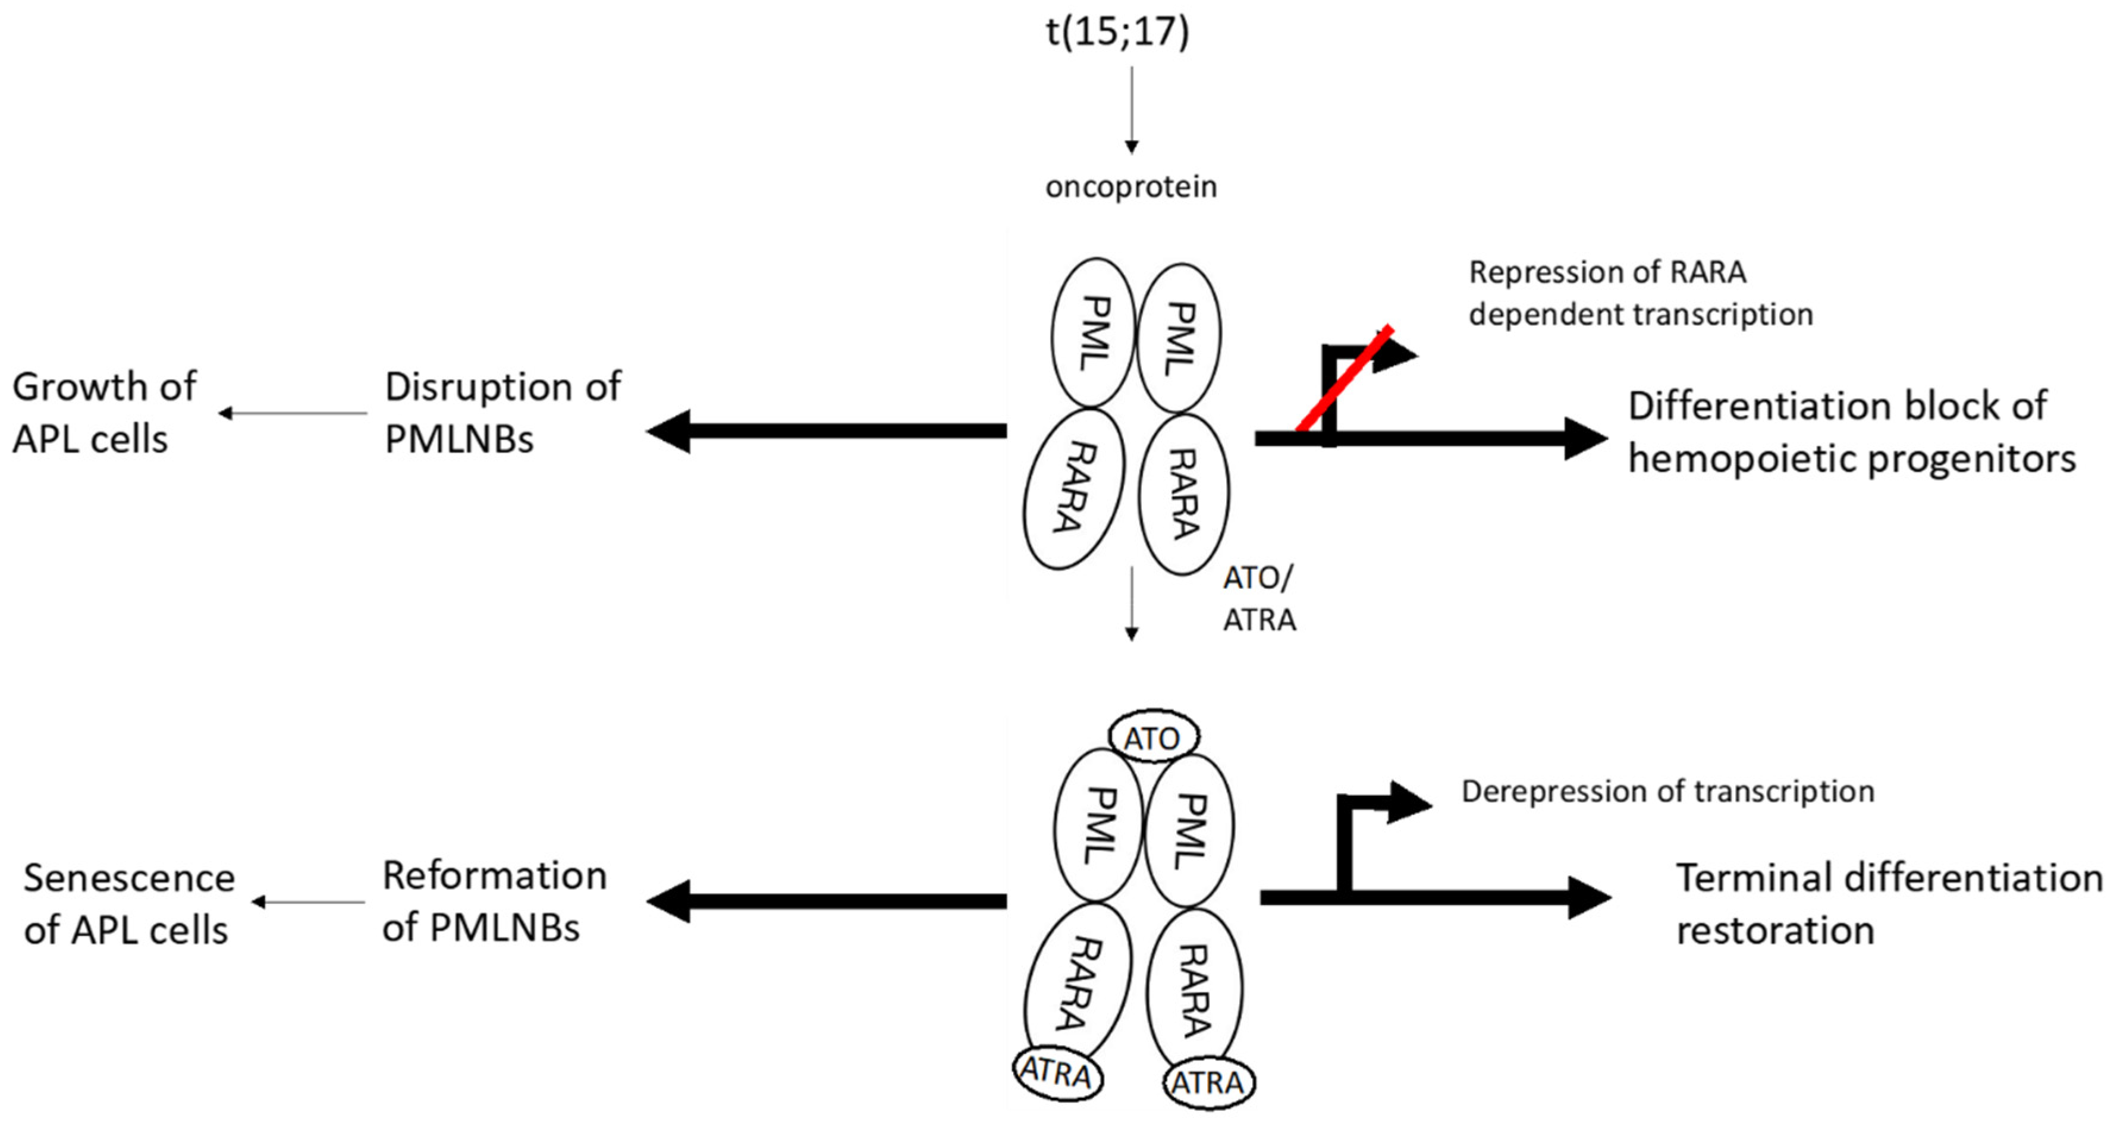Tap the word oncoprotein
[x=1131, y=187]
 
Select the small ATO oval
[x=1153, y=737]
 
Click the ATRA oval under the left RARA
[x=1057, y=1072]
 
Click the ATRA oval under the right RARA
[x=1208, y=1083]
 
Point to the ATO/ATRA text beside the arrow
[x=1258, y=599]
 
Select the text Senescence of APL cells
[x=128, y=904]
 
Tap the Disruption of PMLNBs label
[x=502, y=413]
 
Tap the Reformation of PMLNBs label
[x=494, y=902]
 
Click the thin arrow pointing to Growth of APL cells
[x=293, y=413]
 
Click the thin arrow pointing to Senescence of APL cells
[x=307, y=902]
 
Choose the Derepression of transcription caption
[x=1667, y=791]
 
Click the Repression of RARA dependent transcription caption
[x=1639, y=293]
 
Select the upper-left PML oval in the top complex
[x=1094, y=333]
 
